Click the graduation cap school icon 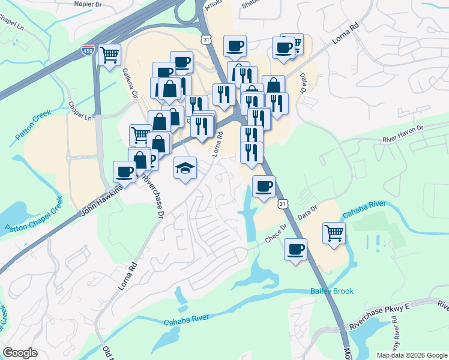tap(185, 168)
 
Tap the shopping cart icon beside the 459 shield tap(109, 55)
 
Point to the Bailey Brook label tap(332, 291)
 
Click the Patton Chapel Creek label tap(34, 219)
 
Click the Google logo tap(20, 353)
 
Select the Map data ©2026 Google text tap(411, 355)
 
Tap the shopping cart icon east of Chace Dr tap(334, 233)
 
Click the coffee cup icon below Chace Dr tap(295, 249)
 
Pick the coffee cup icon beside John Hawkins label tap(125, 172)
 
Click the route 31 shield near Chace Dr tap(283, 205)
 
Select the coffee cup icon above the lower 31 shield tap(264, 186)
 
